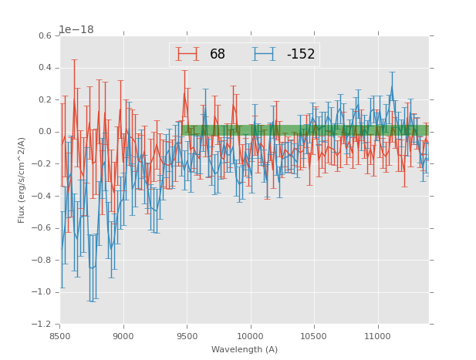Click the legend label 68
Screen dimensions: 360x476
click(x=218, y=54)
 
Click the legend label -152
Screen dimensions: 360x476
click(x=300, y=54)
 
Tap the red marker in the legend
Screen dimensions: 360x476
click(x=187, y=54)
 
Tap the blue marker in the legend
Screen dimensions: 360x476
click(x=264, y=54)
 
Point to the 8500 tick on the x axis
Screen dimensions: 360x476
click(x=60, y=336)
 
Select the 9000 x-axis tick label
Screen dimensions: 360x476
click(x=123, y=336)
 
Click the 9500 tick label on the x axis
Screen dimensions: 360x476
click(x=187, y=336)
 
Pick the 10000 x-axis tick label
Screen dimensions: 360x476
click(x=251, y=336)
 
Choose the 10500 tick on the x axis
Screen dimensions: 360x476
click(x=315, y=336)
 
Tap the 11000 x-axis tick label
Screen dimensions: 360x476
click(x=378, y=336)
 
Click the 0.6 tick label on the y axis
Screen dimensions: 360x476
click(x=45, y=36)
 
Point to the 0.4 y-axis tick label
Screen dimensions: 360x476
click(x=45, y=68)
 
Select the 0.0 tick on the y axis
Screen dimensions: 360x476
click(x=45, y=132)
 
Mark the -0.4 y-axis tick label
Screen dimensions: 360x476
click(x=43, y=196)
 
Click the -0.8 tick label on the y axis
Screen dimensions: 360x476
click(x=43, y=260)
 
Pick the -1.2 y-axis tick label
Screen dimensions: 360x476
click(x=43, y=324)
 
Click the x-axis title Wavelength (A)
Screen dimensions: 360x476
click(x=245, y=350)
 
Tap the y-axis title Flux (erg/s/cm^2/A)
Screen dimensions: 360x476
click(x=22, y=180)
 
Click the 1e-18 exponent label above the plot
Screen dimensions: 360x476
click(x=76, y=30)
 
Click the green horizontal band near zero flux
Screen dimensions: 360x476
click(x=309, y=130)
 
